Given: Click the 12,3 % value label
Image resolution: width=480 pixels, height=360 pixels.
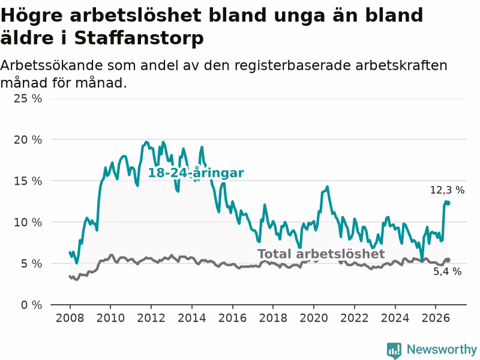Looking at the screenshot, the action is (x=447, y=190).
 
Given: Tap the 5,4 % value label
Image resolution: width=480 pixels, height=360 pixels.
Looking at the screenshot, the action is (x=447, y=271).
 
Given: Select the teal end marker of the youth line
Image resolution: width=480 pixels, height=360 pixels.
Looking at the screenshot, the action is (x=448, y=203).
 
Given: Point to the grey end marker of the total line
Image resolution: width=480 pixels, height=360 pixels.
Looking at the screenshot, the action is (x=448, y=260).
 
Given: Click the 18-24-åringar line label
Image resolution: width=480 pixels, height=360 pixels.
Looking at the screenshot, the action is (x=196, y=173).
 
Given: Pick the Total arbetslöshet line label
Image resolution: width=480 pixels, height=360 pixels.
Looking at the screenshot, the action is (x=321, y=254).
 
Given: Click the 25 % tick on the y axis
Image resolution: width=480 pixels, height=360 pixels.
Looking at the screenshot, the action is (x=28, y=98).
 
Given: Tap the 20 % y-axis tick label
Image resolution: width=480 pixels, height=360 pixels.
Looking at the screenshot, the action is (x=28, y=140).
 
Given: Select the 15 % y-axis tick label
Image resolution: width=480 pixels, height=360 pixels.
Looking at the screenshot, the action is (x=28, y=181).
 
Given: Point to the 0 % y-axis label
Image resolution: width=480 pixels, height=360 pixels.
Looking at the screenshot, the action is (x=32, y=305).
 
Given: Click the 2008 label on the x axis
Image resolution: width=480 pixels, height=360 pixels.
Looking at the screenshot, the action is (x=70, y=318).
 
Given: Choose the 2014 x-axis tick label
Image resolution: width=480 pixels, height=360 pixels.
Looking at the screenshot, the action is (x=191, y=318).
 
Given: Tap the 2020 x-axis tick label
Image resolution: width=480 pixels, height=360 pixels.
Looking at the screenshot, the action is (x=313, y=318).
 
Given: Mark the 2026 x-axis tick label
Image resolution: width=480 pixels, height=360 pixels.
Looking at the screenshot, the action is (x=436, y=318).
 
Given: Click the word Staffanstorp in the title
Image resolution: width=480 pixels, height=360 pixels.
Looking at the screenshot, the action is (x=139, y=38).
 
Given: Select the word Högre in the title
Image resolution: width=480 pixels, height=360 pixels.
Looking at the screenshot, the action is (x=32, y=16).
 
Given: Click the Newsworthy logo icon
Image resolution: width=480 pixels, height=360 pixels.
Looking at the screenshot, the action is (x=394, y=350).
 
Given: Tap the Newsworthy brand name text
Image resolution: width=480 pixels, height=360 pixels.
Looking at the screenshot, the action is (x=442, y=349).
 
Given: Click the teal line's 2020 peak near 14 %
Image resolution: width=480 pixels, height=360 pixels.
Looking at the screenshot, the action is (x=327, y=187).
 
